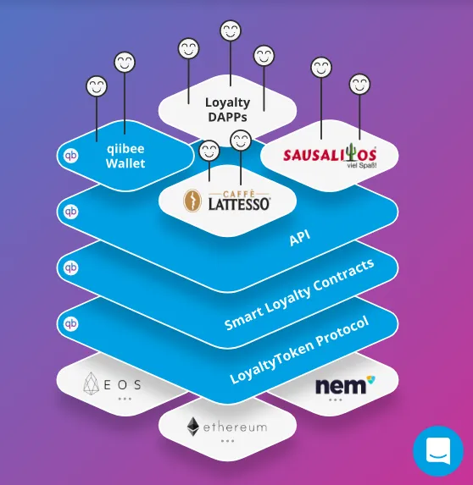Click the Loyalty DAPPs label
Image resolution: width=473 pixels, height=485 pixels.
click(x=227, y=110)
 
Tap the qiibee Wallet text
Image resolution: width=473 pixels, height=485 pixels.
click(x=125, y=157)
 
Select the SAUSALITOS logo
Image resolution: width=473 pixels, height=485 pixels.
click(x=331, y=155)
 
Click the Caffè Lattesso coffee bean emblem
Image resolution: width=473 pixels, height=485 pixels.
click(x=192, y=201)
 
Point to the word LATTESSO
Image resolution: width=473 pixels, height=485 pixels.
click(x=239, y=205)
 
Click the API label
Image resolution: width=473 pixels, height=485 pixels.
click(x=299, y=238)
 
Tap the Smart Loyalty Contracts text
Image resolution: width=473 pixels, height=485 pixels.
click(x=299, y=295)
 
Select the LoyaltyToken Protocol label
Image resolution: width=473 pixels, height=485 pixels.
click(x=299, y=350)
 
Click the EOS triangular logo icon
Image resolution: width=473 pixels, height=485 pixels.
click(x=91, y=383)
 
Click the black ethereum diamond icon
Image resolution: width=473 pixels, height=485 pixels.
click(x=193, y=427)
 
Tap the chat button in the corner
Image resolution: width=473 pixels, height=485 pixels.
click(x=438, y=450)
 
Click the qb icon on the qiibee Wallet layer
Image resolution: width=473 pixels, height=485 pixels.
click(x=70, y=156)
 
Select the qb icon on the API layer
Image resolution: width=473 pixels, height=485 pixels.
click(x=70, y=212)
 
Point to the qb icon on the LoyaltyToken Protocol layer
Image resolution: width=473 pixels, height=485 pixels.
click(x=70, y=324)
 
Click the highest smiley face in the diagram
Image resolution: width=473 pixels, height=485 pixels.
click(x=231, y=30)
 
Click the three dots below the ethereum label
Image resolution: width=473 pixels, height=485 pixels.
click(x=227, y=441)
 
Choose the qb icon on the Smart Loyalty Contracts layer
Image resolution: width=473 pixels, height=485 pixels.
click(x=70, y=267)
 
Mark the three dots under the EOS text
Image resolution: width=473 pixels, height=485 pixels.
click(x=125, y=399)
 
